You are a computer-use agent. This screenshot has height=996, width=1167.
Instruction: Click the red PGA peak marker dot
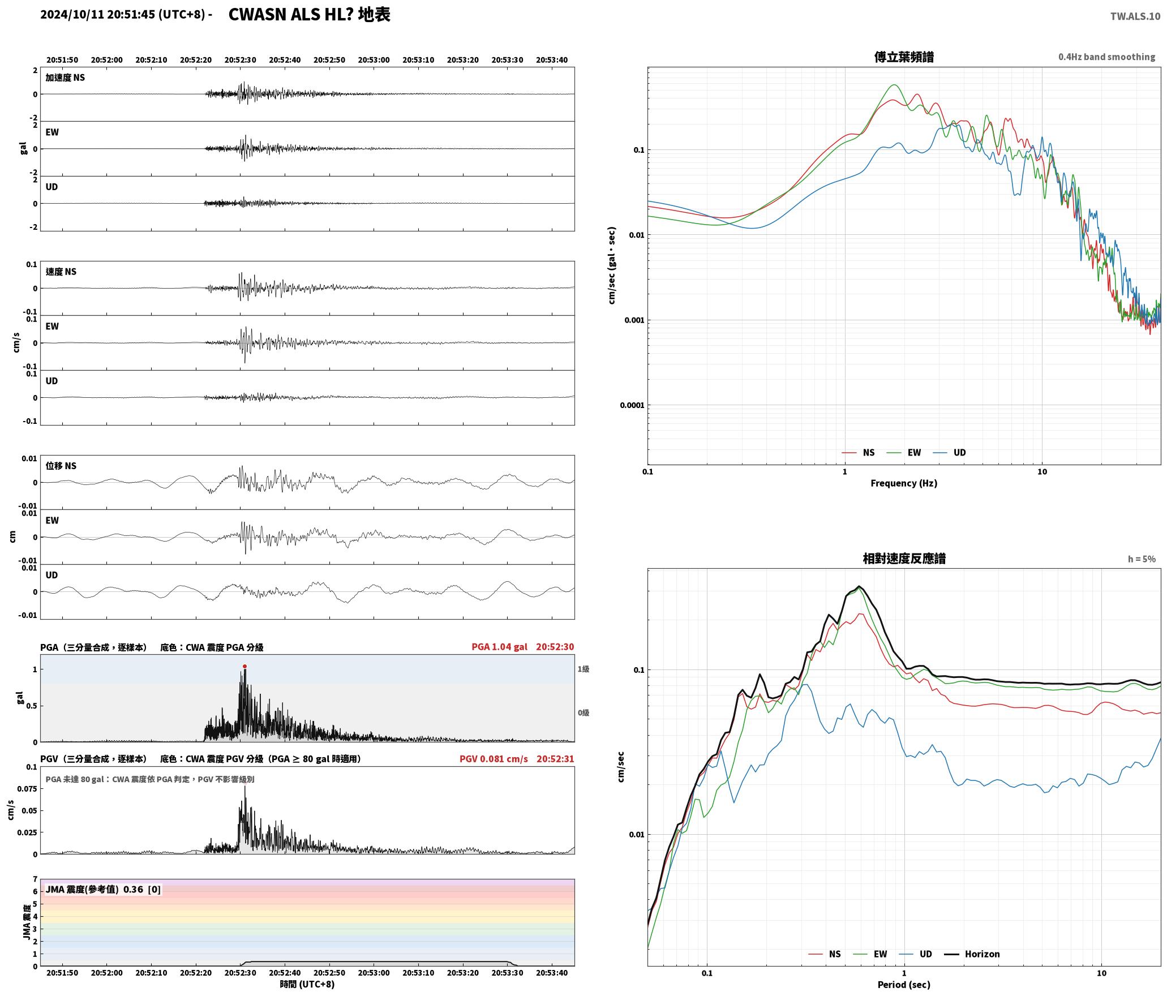[244, 667]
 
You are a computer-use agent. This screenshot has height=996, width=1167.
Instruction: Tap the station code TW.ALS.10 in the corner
[1135, 16]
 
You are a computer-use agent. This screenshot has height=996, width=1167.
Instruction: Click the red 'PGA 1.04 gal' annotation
[499, 647]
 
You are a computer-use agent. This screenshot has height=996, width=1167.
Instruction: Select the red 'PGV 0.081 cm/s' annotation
[494, 759]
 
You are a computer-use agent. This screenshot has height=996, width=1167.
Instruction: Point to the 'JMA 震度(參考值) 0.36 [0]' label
[103, 890]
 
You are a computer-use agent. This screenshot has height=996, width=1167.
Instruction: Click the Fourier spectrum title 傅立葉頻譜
[904, 57]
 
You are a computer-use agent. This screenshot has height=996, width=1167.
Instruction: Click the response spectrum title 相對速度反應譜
[904, 559]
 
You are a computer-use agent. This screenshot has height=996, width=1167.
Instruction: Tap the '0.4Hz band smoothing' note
[1106, 57]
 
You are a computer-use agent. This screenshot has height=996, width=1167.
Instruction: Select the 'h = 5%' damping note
[1141, 559]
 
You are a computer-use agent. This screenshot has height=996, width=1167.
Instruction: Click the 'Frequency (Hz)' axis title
[903, 483]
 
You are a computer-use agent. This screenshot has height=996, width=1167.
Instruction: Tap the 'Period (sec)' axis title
[904, 985]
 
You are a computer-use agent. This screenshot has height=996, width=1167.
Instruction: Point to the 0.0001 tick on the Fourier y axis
[632, 405]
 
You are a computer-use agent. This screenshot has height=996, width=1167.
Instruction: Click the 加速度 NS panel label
[65, 78]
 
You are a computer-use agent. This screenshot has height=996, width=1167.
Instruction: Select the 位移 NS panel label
[61, 466]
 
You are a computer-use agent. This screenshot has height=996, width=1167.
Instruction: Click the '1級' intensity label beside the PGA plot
[583, 669]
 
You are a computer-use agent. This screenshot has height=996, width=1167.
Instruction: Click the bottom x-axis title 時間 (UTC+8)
[307, 984]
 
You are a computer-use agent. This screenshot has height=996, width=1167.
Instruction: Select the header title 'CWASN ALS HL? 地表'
[309, 15]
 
